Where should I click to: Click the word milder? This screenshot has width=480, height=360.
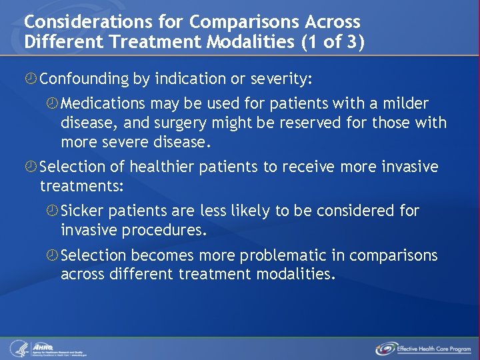(x=405, y=104)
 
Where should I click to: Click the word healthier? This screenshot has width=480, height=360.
(x=161, y=166)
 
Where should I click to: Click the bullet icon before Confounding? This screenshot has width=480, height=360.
(x=31, y=79)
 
